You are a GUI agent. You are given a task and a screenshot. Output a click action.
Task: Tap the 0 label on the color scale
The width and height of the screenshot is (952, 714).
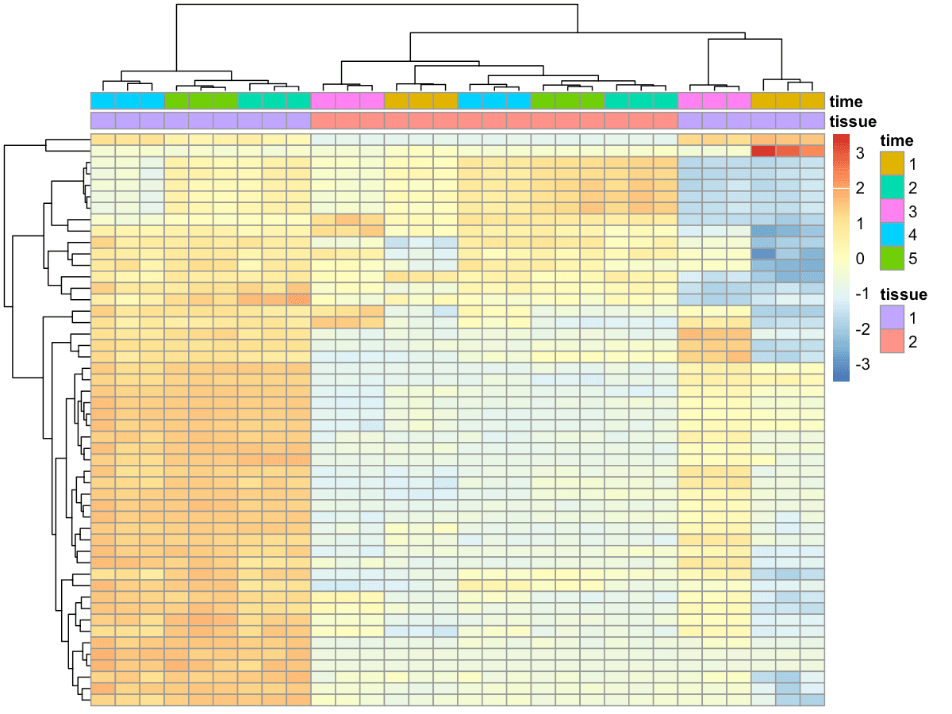click(860, 259)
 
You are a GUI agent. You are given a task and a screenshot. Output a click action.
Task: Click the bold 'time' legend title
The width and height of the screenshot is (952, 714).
click(896, 141)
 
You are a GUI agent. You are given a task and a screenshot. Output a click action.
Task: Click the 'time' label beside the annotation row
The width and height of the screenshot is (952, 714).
click(846, 102)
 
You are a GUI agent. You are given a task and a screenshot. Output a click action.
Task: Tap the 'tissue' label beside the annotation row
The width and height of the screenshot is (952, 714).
click(853, 121)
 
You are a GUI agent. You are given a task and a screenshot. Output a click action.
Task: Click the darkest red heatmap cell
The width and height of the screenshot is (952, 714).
click(763, 151)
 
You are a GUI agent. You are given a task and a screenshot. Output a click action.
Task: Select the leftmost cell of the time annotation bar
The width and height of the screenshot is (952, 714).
click(103, 102)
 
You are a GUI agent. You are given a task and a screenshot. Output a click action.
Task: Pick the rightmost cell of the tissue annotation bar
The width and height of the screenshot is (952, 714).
click(812, 121)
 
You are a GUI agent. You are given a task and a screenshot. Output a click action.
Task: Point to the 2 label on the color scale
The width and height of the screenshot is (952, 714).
click(860, 188)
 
